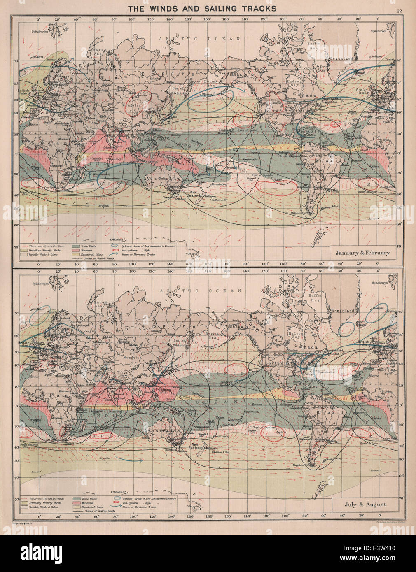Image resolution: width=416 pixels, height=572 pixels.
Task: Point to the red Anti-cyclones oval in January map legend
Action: [x=116, y=249]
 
